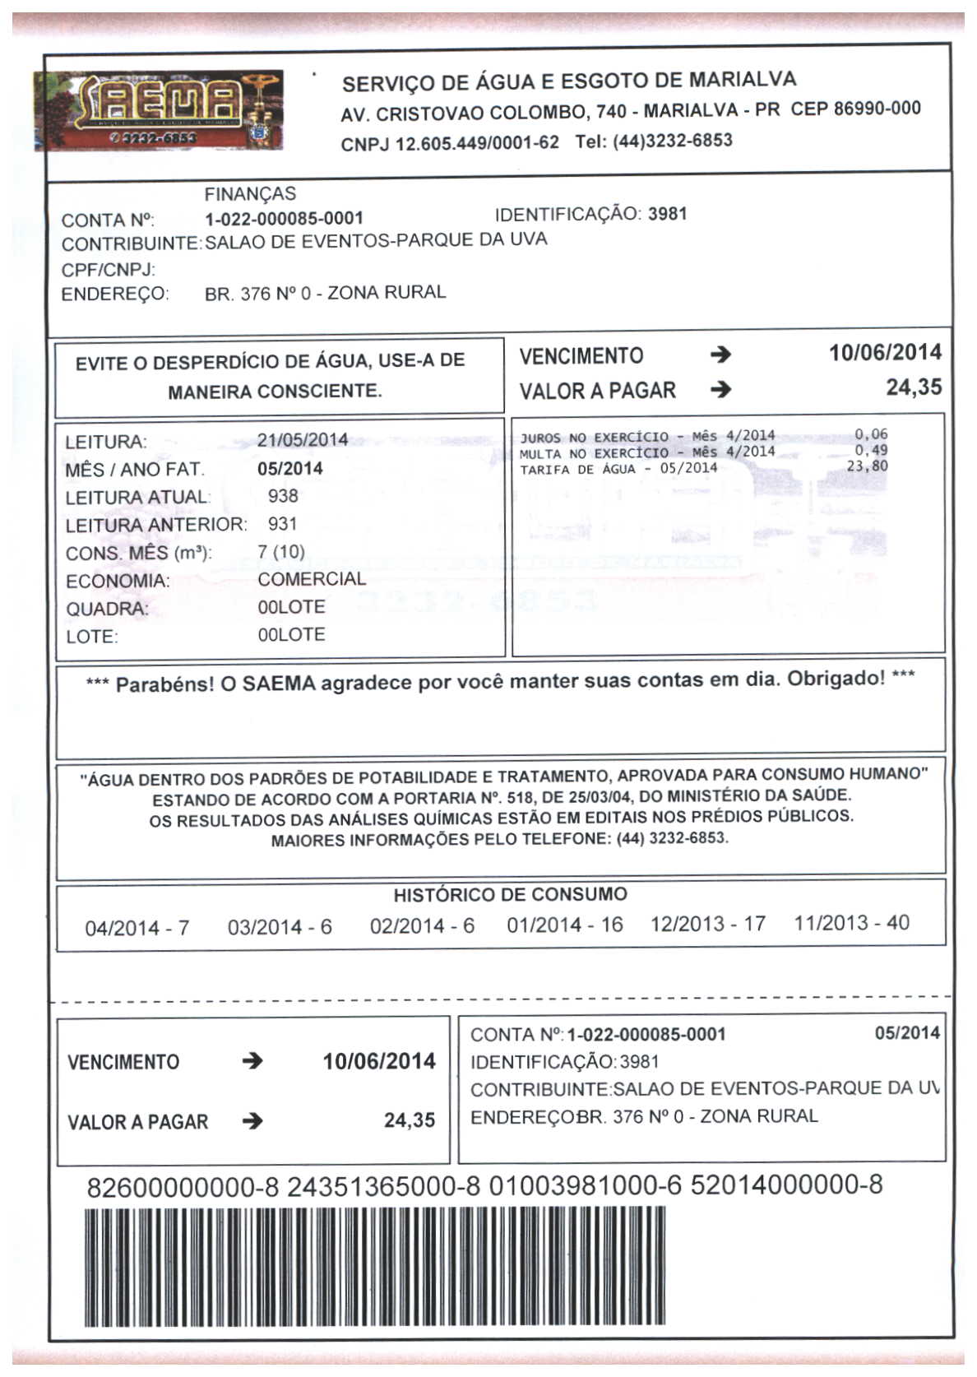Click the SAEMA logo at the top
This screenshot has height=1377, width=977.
coord(159,110)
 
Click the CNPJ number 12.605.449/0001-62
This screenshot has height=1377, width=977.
coord(477,143)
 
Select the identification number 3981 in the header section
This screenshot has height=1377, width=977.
coord(667,214)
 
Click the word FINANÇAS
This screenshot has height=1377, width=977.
coord(250,194)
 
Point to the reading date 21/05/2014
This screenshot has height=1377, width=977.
coord(303,440)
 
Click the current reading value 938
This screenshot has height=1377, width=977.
coord(283,496)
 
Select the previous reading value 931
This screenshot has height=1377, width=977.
coord(282,524)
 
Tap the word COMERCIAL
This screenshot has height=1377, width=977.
coord(312,579)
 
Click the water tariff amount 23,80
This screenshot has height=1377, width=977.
coord(867,466)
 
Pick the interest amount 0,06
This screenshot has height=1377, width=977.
coord(871,434)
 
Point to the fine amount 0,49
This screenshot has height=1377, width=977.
coord(871,450)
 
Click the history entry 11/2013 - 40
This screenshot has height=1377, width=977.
coord(851,923)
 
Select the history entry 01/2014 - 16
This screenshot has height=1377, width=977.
coord(565,925)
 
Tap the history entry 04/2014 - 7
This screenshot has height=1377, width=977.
coord(137,928)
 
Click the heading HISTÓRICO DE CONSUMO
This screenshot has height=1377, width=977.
coord(510,895)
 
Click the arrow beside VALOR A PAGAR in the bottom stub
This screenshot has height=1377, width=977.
coord(252,1120)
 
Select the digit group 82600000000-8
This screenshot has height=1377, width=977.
coord(183,1187)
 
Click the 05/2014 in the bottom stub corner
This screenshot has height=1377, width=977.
coord(906,1033)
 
